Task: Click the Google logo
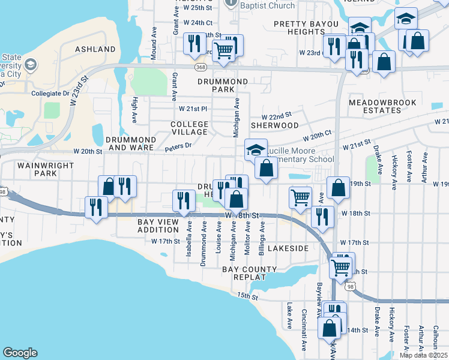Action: (x=20, y=353)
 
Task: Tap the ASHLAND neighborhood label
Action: (x=95, y=49)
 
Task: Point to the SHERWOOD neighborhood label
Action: (x=274, y=125)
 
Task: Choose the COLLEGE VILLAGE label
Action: (x=189, y=128)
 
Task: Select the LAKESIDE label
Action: (x=288, y=248)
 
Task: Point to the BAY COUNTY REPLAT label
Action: (x=250, y=274)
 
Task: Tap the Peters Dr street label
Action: (x=178, y=145)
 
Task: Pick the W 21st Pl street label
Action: (x=193, y=109)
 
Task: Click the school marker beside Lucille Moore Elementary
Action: (x=256, y=149)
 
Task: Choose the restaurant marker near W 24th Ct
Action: (x=193, y=43)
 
